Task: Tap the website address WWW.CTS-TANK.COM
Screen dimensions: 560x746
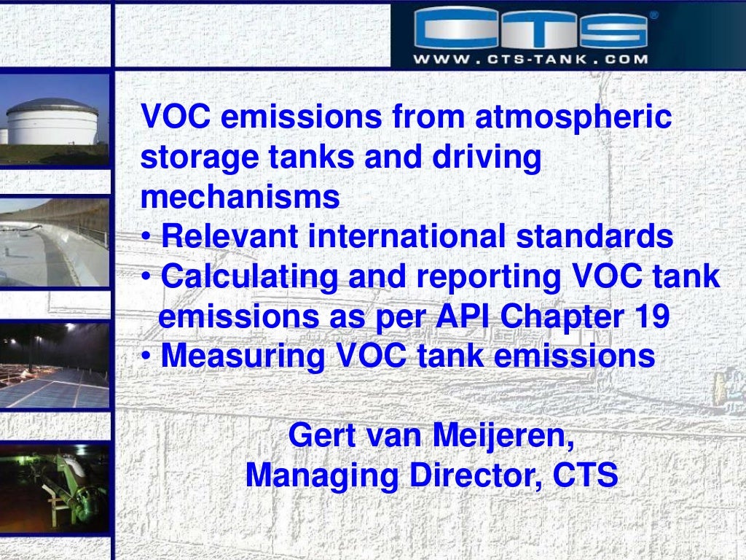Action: (530, 59)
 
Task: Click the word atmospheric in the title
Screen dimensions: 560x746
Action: (573, 119)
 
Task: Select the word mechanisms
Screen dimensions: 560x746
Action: (240, 198)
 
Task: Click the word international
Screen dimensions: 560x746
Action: (410, 237)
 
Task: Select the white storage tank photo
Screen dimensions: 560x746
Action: (54, 120)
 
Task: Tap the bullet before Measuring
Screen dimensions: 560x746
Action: (147, 357)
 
